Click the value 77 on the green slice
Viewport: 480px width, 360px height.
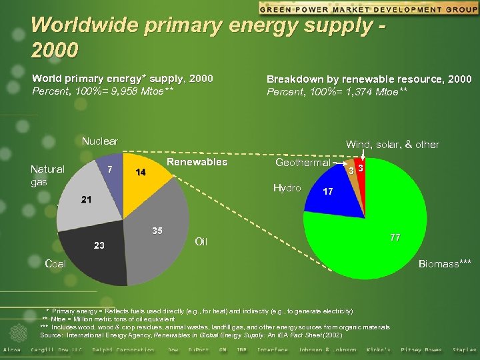pos(397,237)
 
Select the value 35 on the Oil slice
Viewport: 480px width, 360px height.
pos(157,231)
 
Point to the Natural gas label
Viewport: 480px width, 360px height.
pos(47,175)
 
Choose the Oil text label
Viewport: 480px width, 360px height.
pos(201,241)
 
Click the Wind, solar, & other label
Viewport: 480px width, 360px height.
pos(392,144)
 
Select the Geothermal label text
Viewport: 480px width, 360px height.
pos(303,163)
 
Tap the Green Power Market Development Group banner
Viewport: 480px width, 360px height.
pos(368,9)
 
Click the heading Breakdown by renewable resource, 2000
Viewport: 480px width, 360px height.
pos(369,79)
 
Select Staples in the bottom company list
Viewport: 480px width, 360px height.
pos(464,350)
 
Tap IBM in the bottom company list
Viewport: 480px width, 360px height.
pos(241,350)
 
